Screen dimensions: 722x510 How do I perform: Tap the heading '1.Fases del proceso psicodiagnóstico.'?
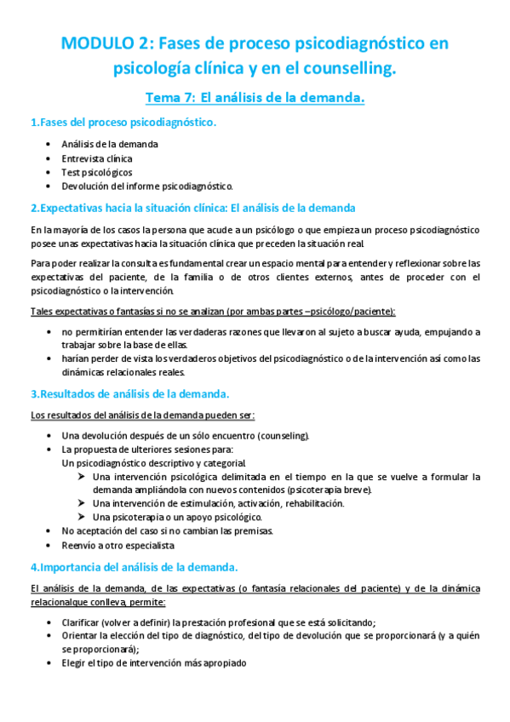pos(123,123)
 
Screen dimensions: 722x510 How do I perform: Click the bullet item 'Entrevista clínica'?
pos(97,158)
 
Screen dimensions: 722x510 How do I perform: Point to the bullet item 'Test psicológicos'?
pos(97,172)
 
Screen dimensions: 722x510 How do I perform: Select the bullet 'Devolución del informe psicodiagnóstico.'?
pos(147,186)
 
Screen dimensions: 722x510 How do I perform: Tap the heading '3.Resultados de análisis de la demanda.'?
pos(129,394)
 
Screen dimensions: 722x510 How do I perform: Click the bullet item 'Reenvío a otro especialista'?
pos(117,544)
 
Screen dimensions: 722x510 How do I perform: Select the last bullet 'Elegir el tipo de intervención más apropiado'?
pos(153,662)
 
